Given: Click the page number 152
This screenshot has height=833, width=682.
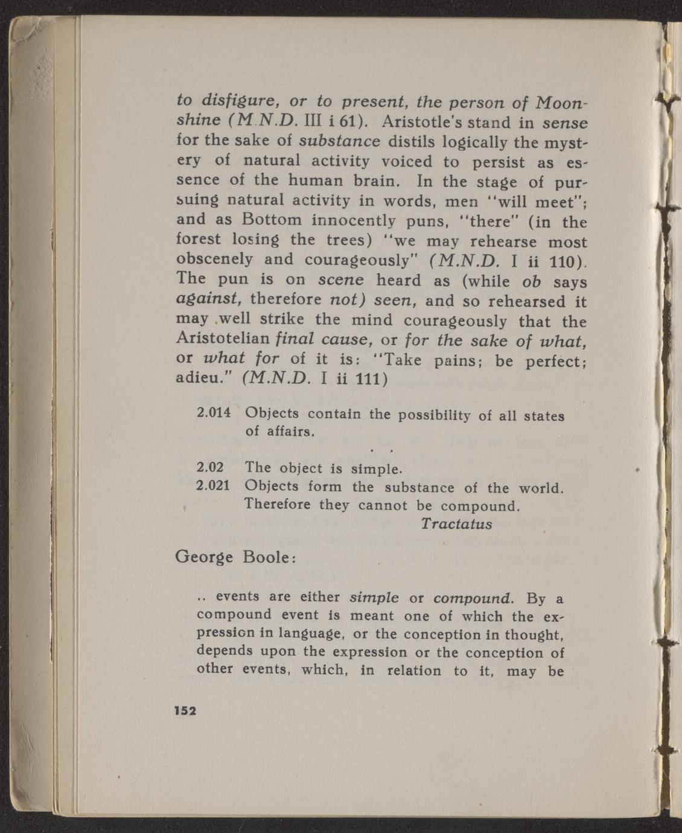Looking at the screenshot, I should (x=185, y=710).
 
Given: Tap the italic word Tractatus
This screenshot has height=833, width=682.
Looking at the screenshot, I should (x=456, y=523).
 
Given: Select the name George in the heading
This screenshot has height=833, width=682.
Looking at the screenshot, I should (x=203, y=557).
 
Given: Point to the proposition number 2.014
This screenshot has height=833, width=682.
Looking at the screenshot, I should (x=214, y=414).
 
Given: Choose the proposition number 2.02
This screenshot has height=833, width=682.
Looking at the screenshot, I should (x=211, y=467).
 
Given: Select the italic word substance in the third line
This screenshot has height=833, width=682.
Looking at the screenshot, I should (x=340, y=142).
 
